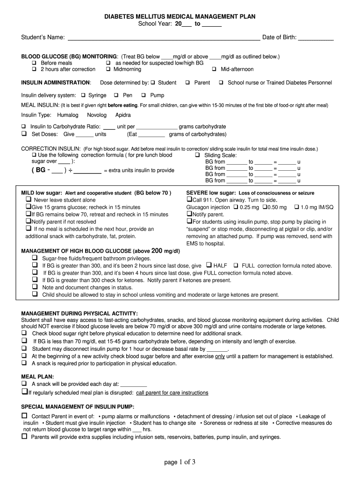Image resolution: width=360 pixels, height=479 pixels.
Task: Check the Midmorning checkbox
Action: pos(108,69)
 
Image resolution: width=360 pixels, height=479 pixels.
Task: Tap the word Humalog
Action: pos(68,115)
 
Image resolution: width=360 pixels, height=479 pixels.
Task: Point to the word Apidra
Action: pos(123,115)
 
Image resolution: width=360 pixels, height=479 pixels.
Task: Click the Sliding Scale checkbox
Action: pos(197,155)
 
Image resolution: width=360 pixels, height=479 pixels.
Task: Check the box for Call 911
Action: pos(189,200)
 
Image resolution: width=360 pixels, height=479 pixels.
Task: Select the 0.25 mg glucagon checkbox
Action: pos(235,207)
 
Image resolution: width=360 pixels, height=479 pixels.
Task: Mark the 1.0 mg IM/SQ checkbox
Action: pos(297,207)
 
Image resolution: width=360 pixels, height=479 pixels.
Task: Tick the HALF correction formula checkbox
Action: pos(209,265)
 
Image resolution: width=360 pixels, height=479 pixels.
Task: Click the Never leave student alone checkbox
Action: pos(28,200)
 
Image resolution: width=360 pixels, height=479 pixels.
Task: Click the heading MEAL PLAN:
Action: pos(38,376)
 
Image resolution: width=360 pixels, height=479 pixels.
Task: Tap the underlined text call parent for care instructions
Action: pos(172,393)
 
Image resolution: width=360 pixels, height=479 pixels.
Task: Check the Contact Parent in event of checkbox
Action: pos(25,416)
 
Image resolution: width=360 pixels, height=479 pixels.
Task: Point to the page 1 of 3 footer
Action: pos(180,463)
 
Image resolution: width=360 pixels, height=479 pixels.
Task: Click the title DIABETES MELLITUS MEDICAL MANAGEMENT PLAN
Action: pos(180,16)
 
